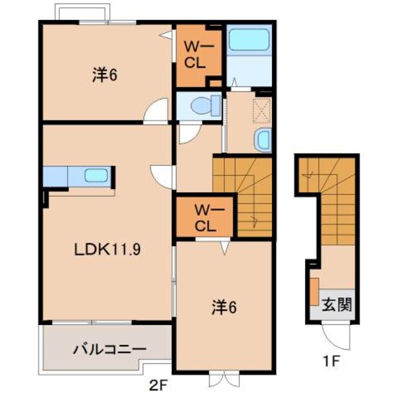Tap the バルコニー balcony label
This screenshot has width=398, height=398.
point(109,348)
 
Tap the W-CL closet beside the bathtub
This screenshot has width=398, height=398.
point(198,56)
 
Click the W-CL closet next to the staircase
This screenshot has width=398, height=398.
point(204,218)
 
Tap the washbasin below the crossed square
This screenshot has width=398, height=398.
point(263,139)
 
